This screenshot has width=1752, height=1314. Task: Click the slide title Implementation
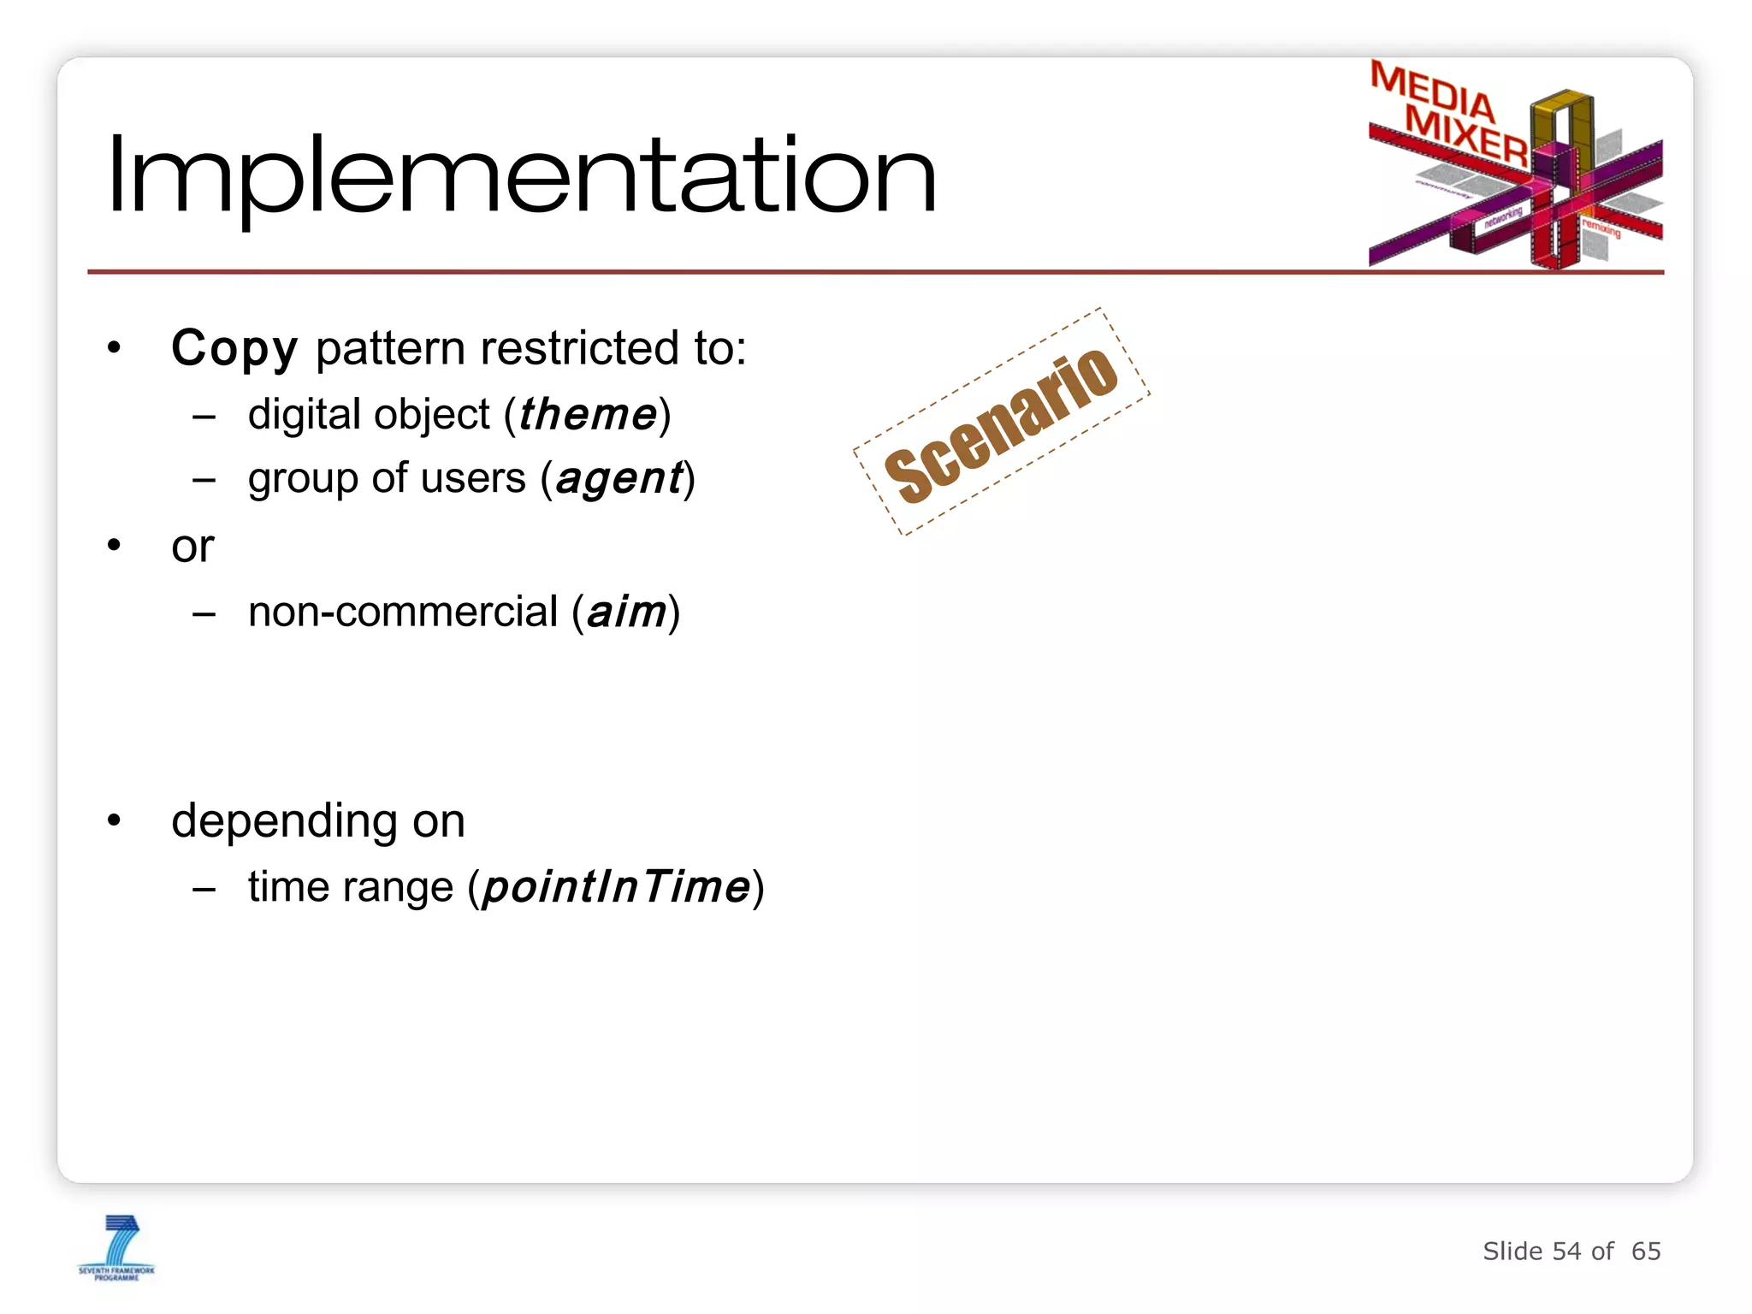pyautogui.click(x=522, y=175)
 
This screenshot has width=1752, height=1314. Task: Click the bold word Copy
pyautogui.click(x=234, y=349)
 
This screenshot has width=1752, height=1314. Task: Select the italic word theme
pyautogui.click(x=588, y=415)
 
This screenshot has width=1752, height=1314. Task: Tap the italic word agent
pyautogui.click(x=620, y=478)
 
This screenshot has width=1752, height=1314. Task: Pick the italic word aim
pyautogui.click(x=626, y=613)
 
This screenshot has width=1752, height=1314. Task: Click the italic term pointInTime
pyautogui.click(x=616, y=887)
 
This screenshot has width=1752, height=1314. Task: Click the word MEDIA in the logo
pyautogui.click(x=1432, y=91)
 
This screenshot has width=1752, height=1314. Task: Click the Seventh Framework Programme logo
pyautogui.click(x=117, y=1248)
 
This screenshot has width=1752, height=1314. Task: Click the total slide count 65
pyautogui.click(x=1645, y=1252)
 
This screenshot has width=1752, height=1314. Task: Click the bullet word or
pyautogui.click(x=192, y=547)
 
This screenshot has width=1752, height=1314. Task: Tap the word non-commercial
pyautogui.click(x=403, y=613)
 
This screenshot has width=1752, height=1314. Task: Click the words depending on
pyautogui.click(x=318, y=821)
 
